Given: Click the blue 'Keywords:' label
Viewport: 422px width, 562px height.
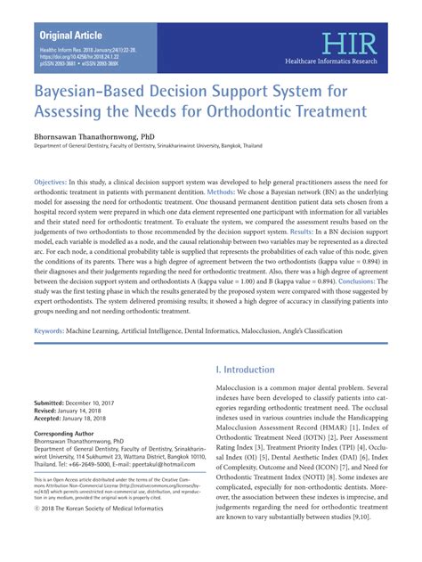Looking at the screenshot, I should point(54,330).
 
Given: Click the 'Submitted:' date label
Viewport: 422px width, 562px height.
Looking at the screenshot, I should point(55,403).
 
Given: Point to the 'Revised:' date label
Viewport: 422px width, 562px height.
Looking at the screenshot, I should point(50,411).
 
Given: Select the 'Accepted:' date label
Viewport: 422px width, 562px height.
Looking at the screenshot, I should point(53,419).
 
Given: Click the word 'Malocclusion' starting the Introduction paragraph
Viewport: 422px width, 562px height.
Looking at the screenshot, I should point(245,389).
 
